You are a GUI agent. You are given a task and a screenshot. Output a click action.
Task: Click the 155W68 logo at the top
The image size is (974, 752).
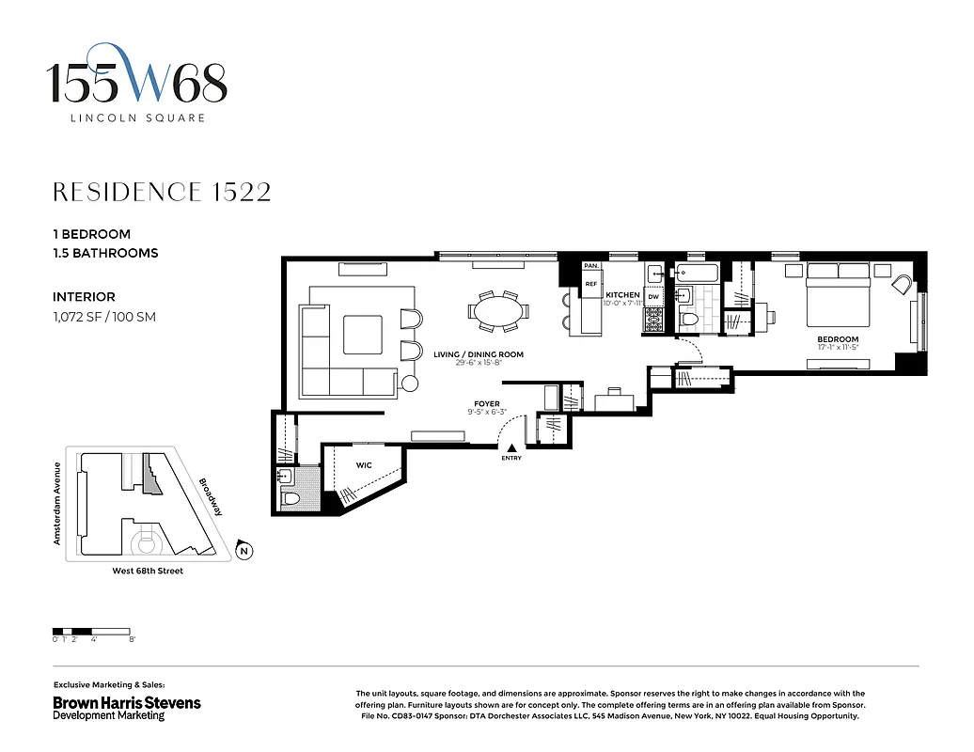coord(138,84)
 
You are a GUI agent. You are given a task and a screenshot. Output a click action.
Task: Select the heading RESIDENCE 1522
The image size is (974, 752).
coord(162,193)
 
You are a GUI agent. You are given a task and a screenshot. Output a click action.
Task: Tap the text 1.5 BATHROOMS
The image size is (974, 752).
coord(105,253)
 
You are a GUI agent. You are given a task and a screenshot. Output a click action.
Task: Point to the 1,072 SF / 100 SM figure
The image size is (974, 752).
coord(104,317)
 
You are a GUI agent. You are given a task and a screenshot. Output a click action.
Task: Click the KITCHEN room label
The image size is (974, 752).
coord(622,295)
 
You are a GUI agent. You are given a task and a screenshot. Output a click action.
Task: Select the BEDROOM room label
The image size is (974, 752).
coord(837,339)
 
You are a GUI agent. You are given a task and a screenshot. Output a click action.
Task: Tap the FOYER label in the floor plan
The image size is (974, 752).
coord(486,403)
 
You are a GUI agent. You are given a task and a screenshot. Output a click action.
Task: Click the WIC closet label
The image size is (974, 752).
coord(363,465)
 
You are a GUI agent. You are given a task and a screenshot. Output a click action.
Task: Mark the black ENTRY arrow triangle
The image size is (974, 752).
coord(511,448)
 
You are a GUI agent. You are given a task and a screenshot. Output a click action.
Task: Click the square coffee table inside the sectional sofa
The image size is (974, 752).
coord(362,335)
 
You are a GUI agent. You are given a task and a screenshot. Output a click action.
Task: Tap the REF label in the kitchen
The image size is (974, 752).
coord(591,283)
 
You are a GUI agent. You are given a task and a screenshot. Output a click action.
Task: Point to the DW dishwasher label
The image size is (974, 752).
coord(653,297)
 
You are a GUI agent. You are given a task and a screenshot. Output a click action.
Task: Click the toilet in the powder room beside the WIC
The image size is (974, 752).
coord(291,497)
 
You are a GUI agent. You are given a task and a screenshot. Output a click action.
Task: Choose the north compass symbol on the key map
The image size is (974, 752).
coord(243,552)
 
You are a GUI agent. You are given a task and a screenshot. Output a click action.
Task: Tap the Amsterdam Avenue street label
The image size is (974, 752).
coord(57,503)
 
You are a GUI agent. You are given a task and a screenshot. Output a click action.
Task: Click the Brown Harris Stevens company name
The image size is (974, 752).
coord(126,702)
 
